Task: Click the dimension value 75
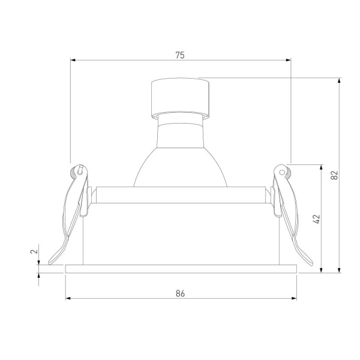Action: click(x=180, y=55)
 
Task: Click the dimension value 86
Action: click(x=180, y=293)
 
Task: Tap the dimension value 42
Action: click(x=317, y=218)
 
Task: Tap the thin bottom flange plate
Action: click(x=180, y=268)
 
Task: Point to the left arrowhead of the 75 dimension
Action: click(x=73, y=59)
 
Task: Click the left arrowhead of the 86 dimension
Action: click(x=68, y=298)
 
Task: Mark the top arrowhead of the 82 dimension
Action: click(x=339, y=80)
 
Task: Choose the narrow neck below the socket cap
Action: click(x=180, y=116)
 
